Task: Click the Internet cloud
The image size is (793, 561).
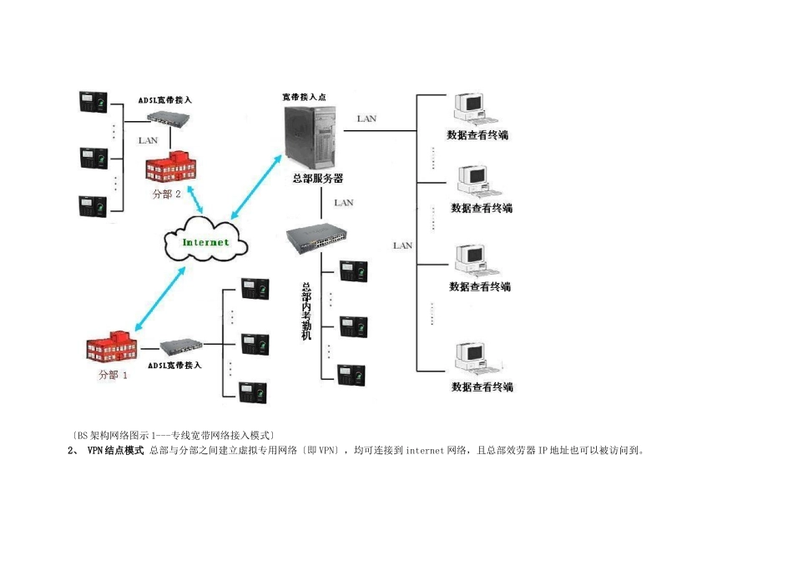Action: coord(205,241)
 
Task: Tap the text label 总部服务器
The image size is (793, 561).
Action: coord(317,179)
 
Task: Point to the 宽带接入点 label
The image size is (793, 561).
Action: coord(304,97)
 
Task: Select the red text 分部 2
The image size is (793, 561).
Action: coord(166,194)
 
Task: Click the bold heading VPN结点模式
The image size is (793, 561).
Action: coord(115,451)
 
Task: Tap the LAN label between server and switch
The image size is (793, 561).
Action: coord(343,202)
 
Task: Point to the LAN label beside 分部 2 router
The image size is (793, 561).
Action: coord(148,140)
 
